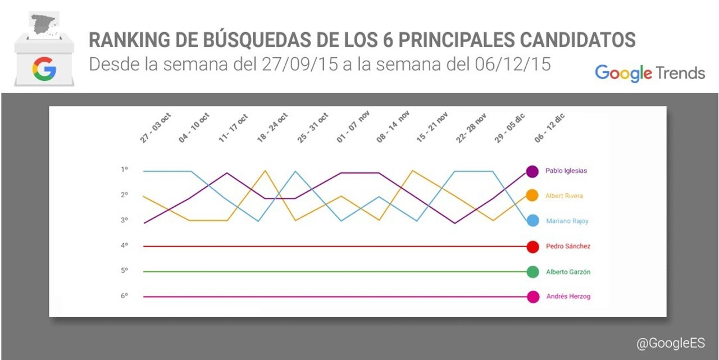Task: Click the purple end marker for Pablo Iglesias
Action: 533,171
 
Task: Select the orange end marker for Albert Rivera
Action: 533,195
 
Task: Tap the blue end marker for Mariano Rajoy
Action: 533,221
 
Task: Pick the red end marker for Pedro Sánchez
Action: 533,246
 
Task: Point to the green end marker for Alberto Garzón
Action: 533,272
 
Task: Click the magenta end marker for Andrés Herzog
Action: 533,297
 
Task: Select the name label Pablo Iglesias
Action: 566,171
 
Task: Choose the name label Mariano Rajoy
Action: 567,221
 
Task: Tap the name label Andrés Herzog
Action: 568,297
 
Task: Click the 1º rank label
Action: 125,169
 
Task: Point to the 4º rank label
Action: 125,245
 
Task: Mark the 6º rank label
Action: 125,295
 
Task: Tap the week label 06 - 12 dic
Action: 549,128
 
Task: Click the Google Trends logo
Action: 650,73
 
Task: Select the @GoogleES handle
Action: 670,343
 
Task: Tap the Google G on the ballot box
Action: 44,69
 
